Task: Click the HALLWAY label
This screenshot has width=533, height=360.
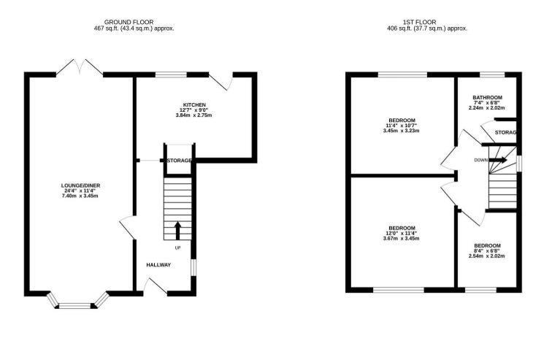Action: [x=158, y=264]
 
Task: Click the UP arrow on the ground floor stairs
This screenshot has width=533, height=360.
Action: [x=177, y=231]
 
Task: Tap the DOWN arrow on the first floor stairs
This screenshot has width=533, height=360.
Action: [x=499, y=160]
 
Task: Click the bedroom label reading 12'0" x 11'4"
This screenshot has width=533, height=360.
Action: [x=400, y=233]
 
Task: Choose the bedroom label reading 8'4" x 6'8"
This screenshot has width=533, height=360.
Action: [x=487, y=250]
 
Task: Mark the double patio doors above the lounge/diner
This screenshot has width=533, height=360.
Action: [x=80, y=66]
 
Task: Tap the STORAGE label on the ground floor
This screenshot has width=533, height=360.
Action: [x=180, y=161]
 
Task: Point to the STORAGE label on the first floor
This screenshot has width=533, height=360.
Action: [x=505, y=132]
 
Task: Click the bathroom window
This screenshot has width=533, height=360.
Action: [x=491, y=74]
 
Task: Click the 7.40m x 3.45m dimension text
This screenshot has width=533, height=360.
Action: [x=80, y=196]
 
